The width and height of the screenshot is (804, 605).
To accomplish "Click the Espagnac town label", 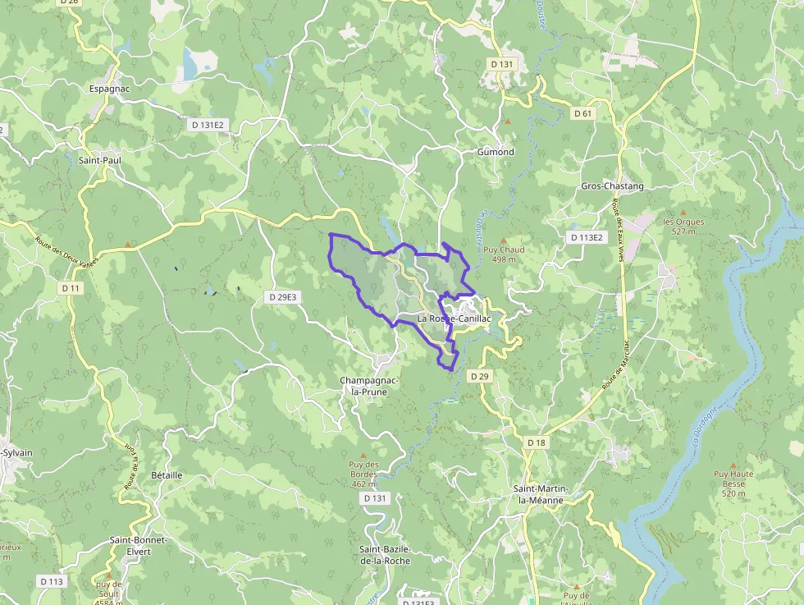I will click(110, 89).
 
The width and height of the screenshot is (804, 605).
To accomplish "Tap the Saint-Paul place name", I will click(100, 160).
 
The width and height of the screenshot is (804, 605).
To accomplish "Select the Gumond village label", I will click(496, 152).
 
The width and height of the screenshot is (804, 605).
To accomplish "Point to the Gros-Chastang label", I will click(612, 186).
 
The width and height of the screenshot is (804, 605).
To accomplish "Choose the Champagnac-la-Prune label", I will click(369, 386).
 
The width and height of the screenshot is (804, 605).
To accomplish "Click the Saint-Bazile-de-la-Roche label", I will click(385, 554).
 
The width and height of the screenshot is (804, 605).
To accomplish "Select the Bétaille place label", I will click(167, 475).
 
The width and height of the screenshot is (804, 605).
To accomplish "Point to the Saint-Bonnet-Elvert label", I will click(139, 546).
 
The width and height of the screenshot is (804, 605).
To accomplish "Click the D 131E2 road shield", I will click(207, 126).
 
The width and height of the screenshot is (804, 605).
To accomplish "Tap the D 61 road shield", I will click(582, 113).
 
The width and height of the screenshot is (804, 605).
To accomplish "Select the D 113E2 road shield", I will click(586, 237).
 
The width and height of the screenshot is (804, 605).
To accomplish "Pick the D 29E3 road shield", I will click(281, 297).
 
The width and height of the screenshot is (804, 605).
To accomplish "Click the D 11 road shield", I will click(71, 288).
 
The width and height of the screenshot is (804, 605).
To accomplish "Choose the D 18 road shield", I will click(536, 442).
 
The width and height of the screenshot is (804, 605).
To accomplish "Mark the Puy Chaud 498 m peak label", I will click(504, 254).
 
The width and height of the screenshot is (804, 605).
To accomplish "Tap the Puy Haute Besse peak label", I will click(733, 479).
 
